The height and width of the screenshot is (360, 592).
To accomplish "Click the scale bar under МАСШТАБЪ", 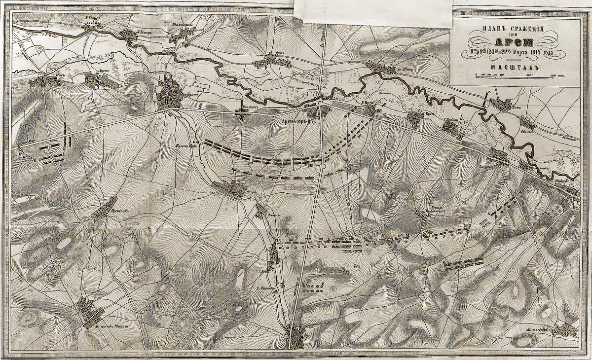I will [518, 75].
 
